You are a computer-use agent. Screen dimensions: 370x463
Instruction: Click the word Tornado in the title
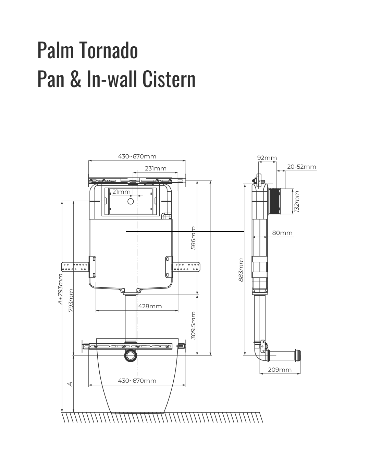[x=109, y=50]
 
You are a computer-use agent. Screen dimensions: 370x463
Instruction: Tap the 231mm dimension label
[x=156, y=168]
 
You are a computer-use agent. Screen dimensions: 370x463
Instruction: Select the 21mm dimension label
[x=121, y=192]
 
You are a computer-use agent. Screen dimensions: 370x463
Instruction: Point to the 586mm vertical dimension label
[x=193, y=238]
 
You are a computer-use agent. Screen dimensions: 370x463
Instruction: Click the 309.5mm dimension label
[x=193, y=325]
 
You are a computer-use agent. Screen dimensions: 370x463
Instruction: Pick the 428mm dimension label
[x=150, y=306]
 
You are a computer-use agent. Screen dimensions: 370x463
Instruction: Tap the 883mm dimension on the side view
[x=241, y=270]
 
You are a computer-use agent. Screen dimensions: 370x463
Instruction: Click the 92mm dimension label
[x=267, y=158]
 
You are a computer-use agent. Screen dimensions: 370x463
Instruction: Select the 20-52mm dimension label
[x=301, y=167]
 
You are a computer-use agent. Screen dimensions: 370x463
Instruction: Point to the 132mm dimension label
[x=297, y=202]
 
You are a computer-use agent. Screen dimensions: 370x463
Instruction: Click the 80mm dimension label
[x=282, y=233]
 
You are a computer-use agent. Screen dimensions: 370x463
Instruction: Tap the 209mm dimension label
[x=280, y=370]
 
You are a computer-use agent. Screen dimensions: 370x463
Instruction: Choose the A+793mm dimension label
[x=60, y=289]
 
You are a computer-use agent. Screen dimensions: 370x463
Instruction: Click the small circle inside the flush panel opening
[x=131, y=201]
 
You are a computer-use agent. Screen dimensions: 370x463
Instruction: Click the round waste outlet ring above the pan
[x=130, y=356]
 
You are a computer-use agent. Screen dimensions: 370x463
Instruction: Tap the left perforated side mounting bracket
[x=75, y=267]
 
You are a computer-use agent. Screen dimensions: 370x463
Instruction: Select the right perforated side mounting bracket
[x=186, y=267]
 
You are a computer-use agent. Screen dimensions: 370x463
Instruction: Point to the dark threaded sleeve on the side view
[x=274, y=201]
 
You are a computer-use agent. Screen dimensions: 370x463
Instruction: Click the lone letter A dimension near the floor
[x=70, y=384]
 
